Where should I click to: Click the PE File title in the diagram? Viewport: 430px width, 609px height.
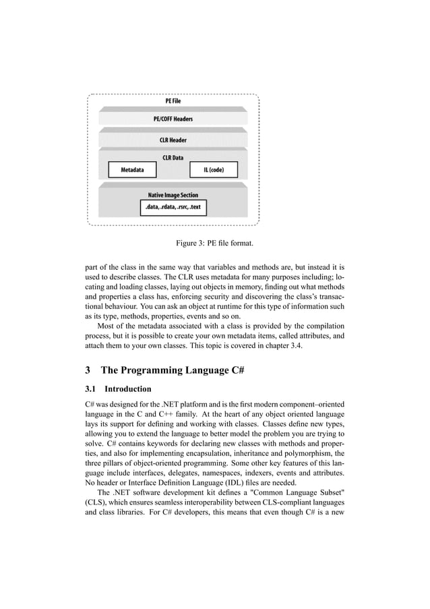[173, 100]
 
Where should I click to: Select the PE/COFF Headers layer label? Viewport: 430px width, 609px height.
[173, 119]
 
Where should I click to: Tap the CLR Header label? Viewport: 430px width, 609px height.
[173, 140]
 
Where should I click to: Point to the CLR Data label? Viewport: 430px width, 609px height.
[173, 158]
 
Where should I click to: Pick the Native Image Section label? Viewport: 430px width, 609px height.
[173, 195]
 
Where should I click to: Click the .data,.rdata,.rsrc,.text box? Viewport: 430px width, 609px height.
[173, 207]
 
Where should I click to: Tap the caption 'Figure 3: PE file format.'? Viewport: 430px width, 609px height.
[214, 243]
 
